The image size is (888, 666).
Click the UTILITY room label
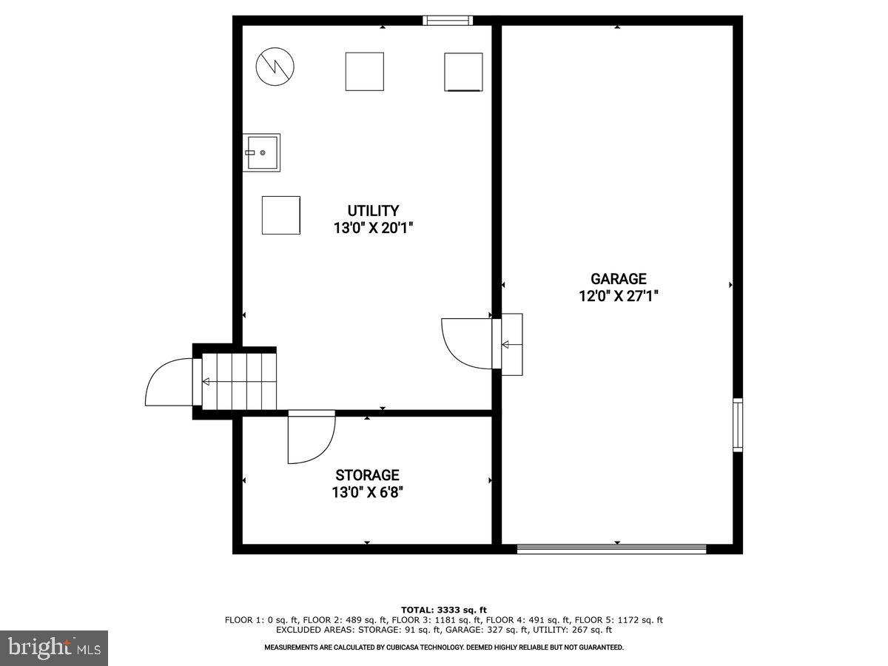click(x=373, y=210)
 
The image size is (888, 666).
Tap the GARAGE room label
click(x=618, y=279)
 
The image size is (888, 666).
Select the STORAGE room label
click(x=367, y=475)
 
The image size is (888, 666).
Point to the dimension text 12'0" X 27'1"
click(x=618, y=296)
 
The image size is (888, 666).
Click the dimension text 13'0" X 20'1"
click(x=373, y=228)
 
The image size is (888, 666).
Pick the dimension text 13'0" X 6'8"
click(x=367, y=492)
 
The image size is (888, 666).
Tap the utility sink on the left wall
click(x=261, y=152)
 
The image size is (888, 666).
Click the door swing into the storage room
click(x=311, y=438)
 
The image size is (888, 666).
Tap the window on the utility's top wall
click(x=447, y=20)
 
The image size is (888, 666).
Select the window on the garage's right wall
click(x=737, y=425)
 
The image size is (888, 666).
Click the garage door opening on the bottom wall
click(x=611, y=548)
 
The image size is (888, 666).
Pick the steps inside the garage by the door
click(x=512, y=344)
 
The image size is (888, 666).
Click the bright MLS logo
click(x=54, y=647)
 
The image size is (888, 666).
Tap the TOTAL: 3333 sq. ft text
click(x=444, y=610)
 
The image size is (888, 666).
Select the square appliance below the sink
click(x=281, y=215)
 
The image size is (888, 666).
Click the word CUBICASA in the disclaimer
click(x=414, y=647)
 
